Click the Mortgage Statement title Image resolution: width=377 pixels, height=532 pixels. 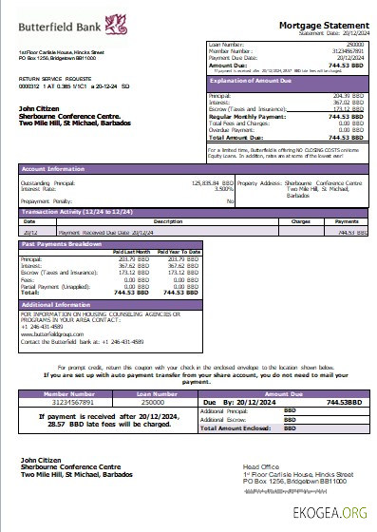(x=319, y=24)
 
